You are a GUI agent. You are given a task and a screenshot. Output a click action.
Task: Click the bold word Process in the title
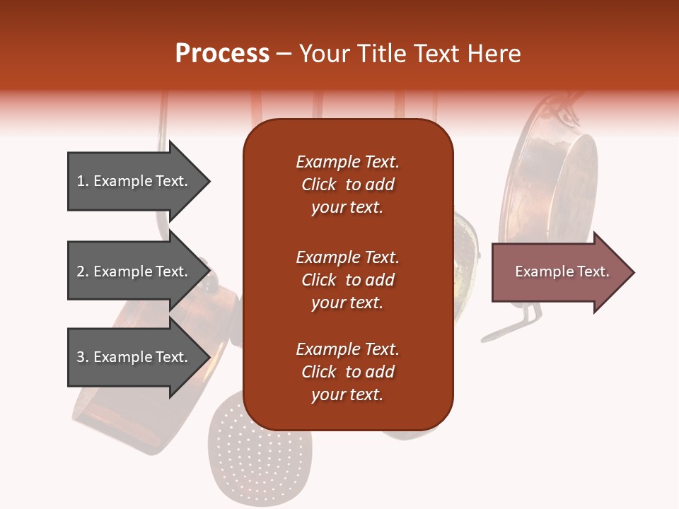(222, 54)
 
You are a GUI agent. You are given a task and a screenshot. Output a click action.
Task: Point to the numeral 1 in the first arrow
(81, 181)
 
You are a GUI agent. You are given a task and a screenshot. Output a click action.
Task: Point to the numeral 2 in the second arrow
(81, 271)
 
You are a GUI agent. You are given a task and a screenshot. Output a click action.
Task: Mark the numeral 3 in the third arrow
(81, 357)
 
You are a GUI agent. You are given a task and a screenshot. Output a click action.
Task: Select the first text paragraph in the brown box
(347, 185)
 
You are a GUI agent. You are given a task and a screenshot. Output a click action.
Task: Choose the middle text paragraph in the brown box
(347, 280)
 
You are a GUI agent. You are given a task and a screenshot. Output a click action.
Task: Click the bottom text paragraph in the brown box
(347, 372)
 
